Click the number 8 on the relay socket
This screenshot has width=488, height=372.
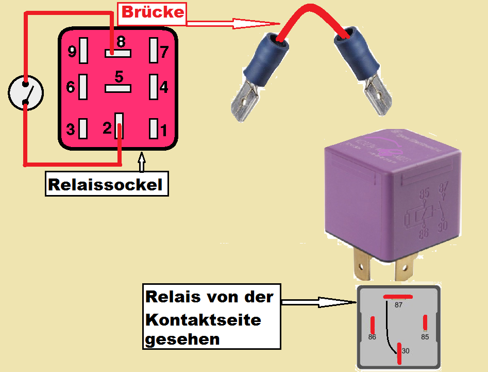(x=121, y=41)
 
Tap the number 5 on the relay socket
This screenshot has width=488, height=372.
(x=119, y=77)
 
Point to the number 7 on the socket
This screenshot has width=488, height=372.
(x=164, y=52)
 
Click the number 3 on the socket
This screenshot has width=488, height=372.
(x=70, y=130)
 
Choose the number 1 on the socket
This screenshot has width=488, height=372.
(x=164, y=130)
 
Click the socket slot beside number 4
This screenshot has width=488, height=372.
(x=153, y=87)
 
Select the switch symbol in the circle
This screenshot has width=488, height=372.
(x=26, y=93)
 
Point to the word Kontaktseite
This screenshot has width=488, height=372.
(x=203, y=319)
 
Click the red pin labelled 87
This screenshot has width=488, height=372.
(x=398, y=296)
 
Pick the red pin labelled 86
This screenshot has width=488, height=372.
(x=372, y=325)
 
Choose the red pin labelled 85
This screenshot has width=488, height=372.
(x=425, y=322)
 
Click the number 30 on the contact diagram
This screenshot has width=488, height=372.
(x=406, y=351)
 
